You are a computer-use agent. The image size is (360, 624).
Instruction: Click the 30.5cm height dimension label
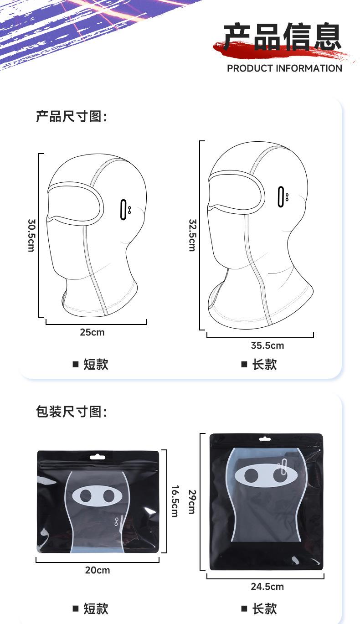(x=31, y=235)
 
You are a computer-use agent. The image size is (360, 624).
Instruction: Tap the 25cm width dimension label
(x=92, y=332)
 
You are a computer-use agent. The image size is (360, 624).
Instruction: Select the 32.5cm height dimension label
(x=192, y=235)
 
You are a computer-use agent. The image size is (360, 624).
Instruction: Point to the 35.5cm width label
(x=267, y=346)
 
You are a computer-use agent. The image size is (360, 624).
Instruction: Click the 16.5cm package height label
(x=175, y=500)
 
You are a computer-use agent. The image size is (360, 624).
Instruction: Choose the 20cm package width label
(x=98, y=570)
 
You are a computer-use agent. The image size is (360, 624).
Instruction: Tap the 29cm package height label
(x=192, y=501)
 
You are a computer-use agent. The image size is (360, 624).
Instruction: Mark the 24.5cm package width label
(x=267, y=587)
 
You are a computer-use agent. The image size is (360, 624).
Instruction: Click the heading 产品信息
(x=283, y=37)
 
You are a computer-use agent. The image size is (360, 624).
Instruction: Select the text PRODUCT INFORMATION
(x=284, y=68)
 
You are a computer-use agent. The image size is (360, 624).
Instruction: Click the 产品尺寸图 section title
(x=71, y=117)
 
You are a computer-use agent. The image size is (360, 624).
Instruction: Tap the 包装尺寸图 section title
(x=71, y=412)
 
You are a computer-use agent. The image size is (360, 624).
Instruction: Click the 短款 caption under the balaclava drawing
(x=95, y=365)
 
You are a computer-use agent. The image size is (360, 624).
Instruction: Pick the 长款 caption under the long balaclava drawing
(x=264, y=365)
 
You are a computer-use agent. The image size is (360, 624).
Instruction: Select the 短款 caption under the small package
(x=95, y=609)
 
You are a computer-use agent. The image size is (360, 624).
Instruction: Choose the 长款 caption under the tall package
(x=264, y=609)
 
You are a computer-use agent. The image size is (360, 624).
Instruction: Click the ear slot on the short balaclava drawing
(x=123, y=210)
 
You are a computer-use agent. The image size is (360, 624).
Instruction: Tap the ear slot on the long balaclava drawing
(x=281, y=197)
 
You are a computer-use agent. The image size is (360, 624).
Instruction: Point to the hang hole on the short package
(x=98, y=456)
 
